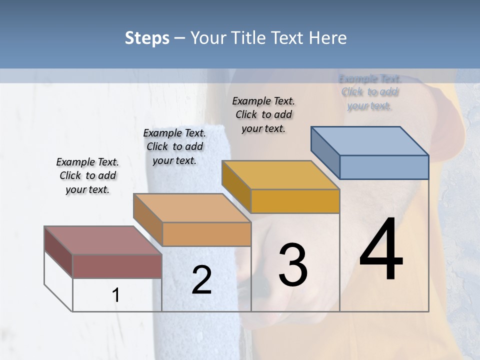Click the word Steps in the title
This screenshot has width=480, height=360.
click(x=147, y=38)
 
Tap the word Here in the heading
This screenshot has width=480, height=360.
click(x=328, y=38)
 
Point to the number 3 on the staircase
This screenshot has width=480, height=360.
click(x=293, y=264)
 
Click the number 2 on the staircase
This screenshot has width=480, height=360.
click(x=201, y=280)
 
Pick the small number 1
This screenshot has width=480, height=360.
click(x=116, y=295)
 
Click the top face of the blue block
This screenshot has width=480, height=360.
click(x=370, y=141)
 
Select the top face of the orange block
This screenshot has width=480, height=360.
click(x=192, y=208)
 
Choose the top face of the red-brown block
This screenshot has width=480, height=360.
click(x=103, y=240)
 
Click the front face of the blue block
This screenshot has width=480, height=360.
click(x=384, y=167)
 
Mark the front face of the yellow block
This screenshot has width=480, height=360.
click(x=295, y=201)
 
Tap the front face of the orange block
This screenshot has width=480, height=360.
click(x=206, y=234)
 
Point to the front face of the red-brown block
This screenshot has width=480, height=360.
click(x=117, y=266)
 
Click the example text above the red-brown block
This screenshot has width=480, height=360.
click(x=87, y=175)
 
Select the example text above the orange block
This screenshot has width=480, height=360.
click(x=174, y=146)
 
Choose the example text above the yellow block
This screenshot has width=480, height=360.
click(x=263, y=114)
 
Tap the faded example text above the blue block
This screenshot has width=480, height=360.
click(x=370, y=92)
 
